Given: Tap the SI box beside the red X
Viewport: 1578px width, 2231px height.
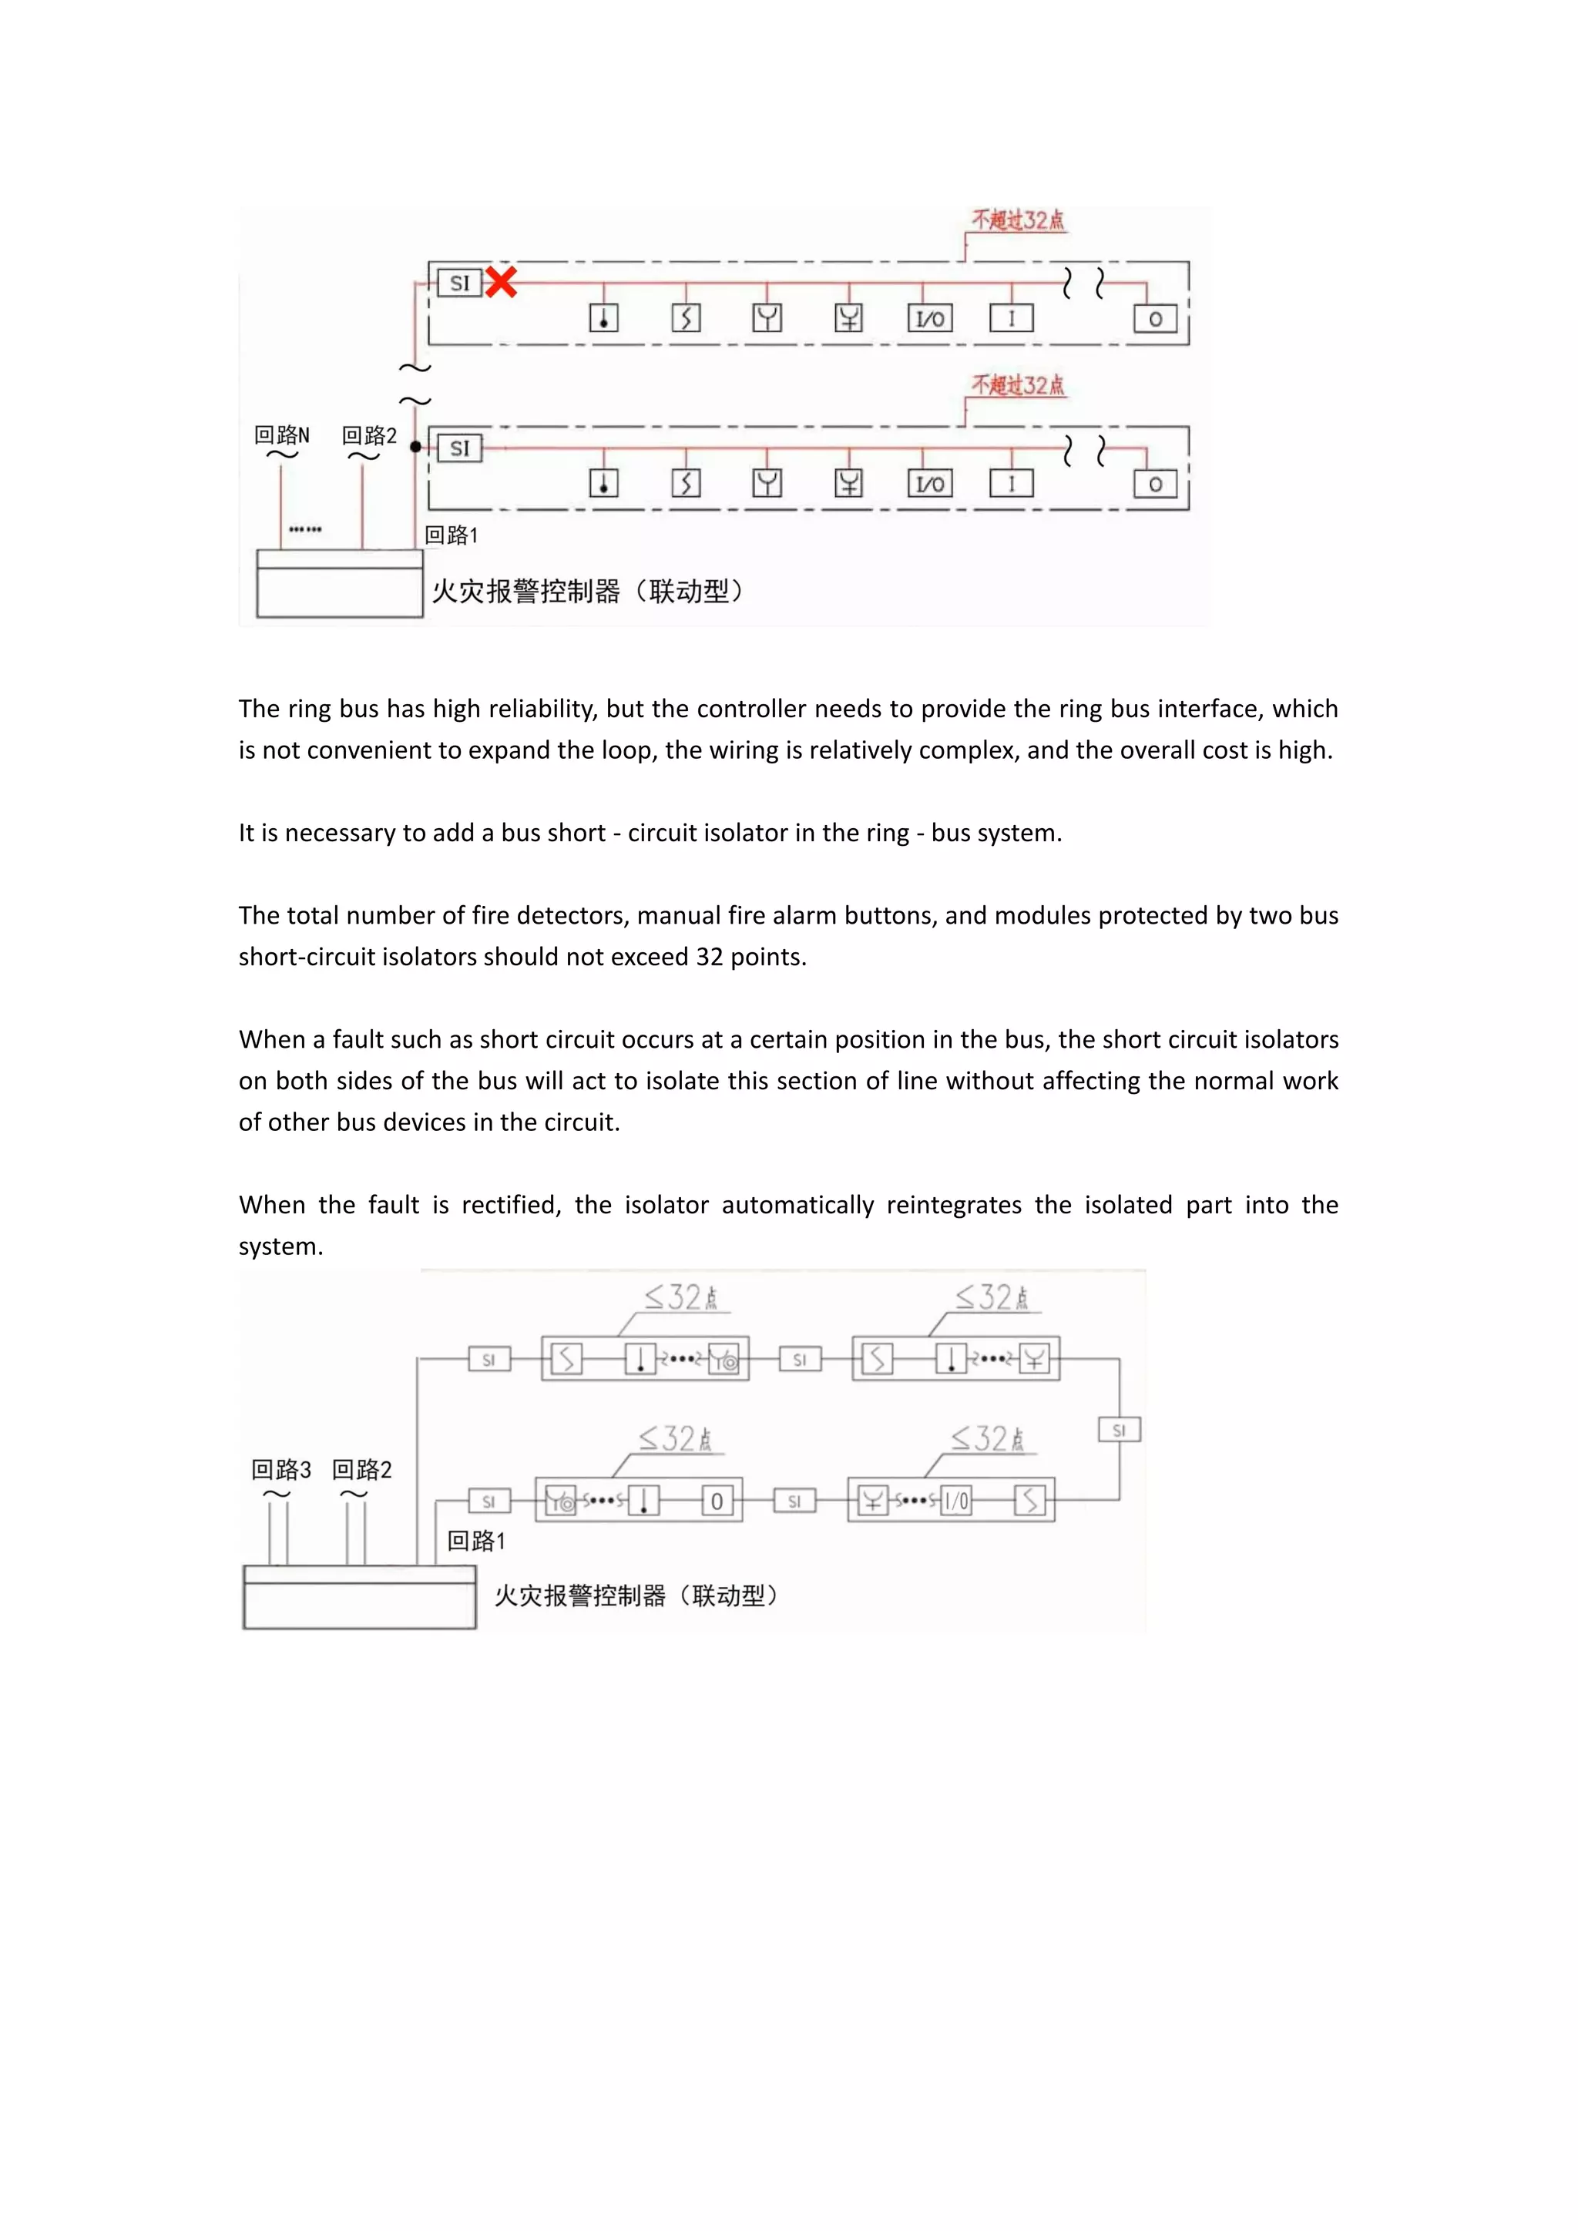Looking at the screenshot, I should [x=459, y=283].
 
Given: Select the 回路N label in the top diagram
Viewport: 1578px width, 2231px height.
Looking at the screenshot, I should [x=282, y=435].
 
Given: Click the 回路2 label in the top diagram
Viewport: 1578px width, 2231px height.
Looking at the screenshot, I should [x=369, y=435].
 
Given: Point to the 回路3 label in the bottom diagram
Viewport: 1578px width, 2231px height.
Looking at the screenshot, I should [x=280, y=1469].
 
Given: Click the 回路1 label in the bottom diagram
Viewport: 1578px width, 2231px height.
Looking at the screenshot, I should [x=476, y=1540].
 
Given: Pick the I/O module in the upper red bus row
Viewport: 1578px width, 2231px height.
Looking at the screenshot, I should [x=930, y=319].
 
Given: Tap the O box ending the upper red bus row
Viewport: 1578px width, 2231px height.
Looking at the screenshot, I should [x=1155, y=319].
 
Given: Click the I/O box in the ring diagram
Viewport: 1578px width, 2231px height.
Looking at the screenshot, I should [x=957, y=1501].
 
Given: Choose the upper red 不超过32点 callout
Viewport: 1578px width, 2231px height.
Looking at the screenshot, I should [x=1019, y=220].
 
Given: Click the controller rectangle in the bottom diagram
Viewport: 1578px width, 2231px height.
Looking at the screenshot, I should [x=360, y=1599].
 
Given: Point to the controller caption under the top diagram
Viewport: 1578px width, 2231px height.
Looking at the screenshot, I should [x=588, y=591].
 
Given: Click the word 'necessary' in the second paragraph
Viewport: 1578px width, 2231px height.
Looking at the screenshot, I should [x=340, y=833].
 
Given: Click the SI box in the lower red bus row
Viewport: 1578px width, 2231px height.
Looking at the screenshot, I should [x=459, y=448].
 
